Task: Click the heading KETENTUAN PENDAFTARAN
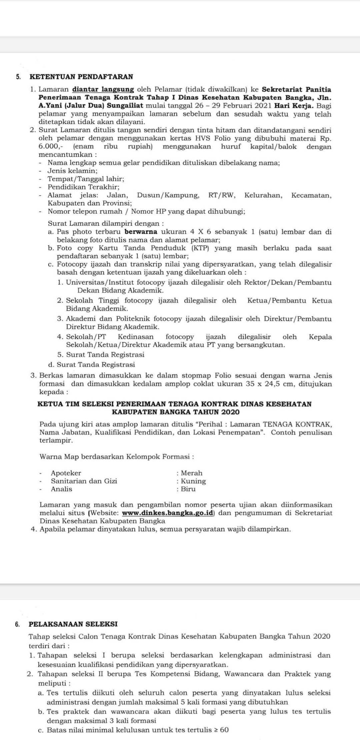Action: [x=81, y=77]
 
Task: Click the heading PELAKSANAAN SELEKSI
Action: [x=73, y=624]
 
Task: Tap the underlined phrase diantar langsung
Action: [x=103, y=89]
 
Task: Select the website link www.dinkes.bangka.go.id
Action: [x=168, y=513]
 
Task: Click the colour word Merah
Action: [x=192, y=473]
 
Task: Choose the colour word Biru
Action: [x=188, y=489]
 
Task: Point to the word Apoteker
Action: [x=66, y=473]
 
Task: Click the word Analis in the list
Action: [x=61, y=489]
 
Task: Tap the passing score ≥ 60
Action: [x=221, y=730]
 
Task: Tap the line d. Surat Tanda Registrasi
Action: [x=91, y=364]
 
